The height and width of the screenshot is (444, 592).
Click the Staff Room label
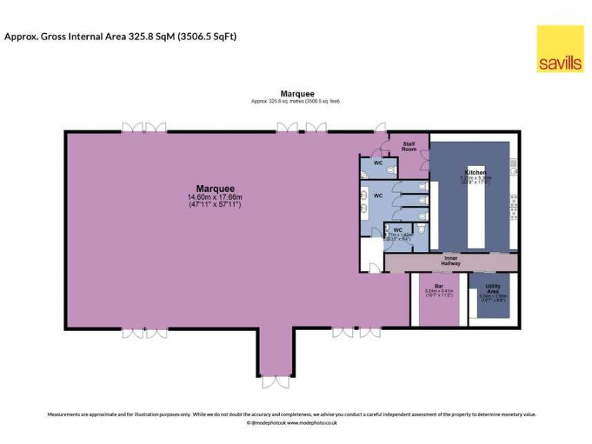pos(409,146)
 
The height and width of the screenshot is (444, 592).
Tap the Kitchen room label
pos(475,171)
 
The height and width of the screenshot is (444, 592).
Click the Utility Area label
pos(493,288)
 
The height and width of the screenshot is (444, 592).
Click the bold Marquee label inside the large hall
pos(215,188)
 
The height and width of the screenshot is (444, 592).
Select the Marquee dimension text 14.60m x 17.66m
pos(215,197)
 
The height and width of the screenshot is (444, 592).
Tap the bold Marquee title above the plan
pos(297,94)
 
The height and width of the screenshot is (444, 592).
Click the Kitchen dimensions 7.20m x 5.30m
pos(476,177)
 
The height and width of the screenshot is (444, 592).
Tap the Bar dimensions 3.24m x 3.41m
pos(439,291)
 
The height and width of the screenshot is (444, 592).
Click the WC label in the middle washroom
pos(378,196)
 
